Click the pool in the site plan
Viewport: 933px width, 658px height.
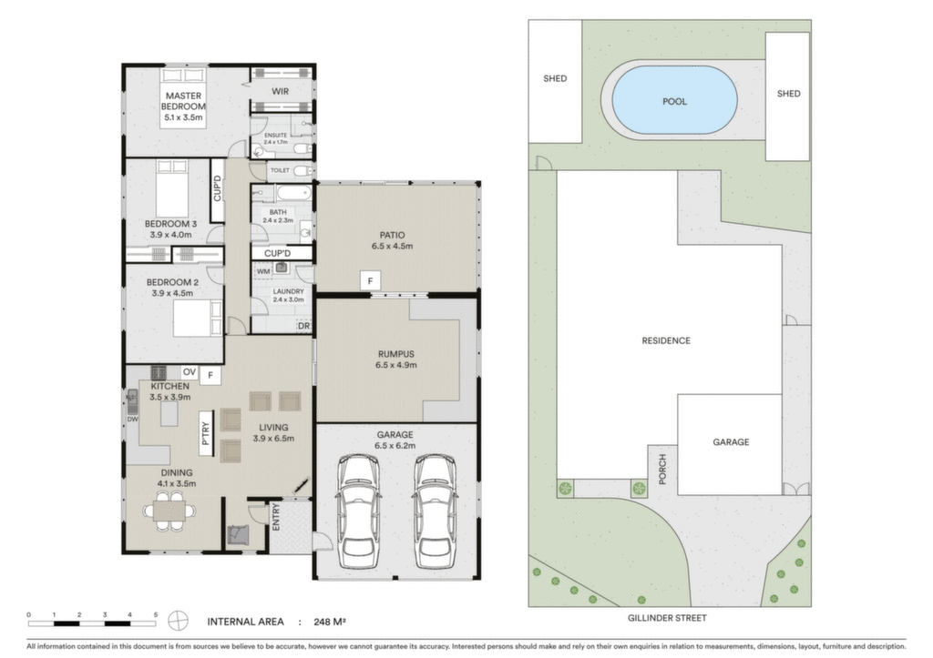point(674,100)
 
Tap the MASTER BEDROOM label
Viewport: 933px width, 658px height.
point(183,101)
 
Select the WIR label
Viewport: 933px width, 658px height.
point(281,92)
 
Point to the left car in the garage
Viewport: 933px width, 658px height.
point(359,511)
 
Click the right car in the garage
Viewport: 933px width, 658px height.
point(435,511)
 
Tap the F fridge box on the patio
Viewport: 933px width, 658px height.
point(370,281)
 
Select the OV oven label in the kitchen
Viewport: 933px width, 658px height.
point(190,372)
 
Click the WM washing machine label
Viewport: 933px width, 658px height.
point(263,271)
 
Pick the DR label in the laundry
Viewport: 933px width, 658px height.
point(303,326)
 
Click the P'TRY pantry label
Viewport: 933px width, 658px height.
point(206,433)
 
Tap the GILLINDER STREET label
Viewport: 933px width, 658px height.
point(667,618)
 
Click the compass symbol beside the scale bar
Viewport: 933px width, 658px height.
point(178,622)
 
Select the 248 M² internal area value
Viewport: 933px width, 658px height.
point(330,622)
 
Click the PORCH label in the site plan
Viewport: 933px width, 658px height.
point(662,469)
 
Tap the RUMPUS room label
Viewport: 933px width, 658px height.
point(395,354)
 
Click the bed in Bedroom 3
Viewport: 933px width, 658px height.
point(172,187)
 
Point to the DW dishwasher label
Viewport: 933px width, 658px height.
point(132,419)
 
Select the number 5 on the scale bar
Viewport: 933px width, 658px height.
point(155,614)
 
